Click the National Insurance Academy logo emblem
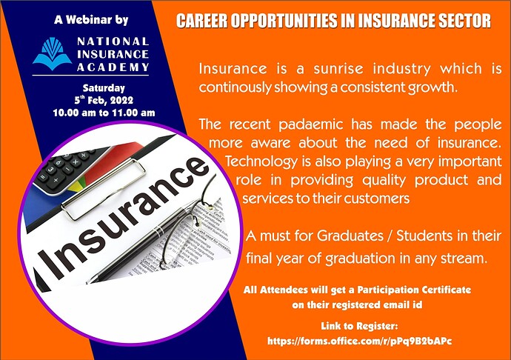[x=52, y=53]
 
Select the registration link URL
[x=359, y=341]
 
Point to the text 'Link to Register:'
[x=359, y=326]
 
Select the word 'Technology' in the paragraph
[x=258, y=161]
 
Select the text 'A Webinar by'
[x=90, y=19]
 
